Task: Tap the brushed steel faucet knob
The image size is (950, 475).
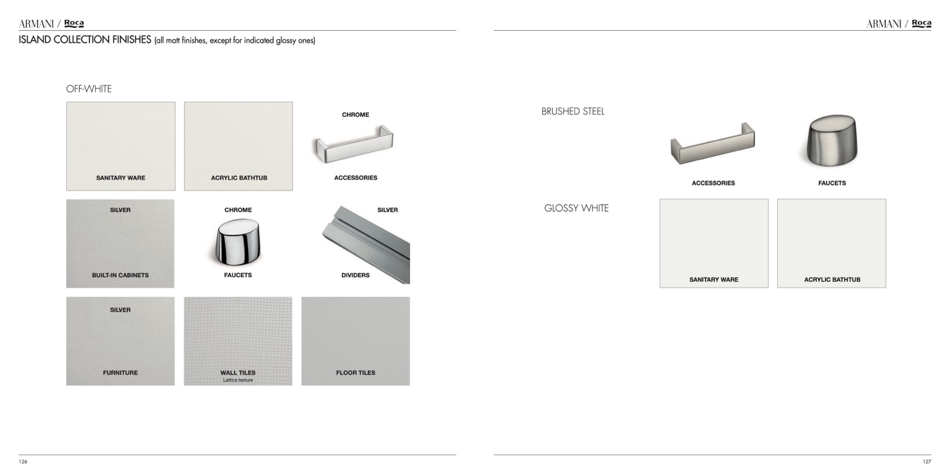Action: click(x=832, y=140)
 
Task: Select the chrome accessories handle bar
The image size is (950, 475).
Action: click(x=354, y=144)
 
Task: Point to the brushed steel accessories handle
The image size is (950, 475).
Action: click(x=713, y=144)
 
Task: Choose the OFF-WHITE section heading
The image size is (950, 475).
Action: click(x=88, y=89)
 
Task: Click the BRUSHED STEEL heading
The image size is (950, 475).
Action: click(x=572, y=112)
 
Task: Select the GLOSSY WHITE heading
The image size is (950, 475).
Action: click(x=577, y=208)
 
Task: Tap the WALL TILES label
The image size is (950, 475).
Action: click(x=238, y=373)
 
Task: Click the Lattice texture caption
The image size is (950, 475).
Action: click(x=238, y=380)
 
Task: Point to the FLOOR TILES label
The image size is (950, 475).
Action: click(x=355, y=373)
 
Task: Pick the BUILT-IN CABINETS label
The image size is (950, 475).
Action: click(x=120, y=275)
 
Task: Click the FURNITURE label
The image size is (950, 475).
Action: click(x=120, y=373)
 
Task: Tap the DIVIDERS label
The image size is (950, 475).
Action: click(x=355, y=275)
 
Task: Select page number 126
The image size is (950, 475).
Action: click(x=23, y=462)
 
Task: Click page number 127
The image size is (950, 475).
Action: click(x=927, y=462)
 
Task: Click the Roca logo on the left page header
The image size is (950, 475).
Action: click(x=74, y=23)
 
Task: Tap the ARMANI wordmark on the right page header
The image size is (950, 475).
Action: click(x=884, y=24)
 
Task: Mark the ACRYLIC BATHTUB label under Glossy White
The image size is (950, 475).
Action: click(x=832, y=280)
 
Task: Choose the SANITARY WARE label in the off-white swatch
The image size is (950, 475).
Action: click(x=120, y=178)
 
